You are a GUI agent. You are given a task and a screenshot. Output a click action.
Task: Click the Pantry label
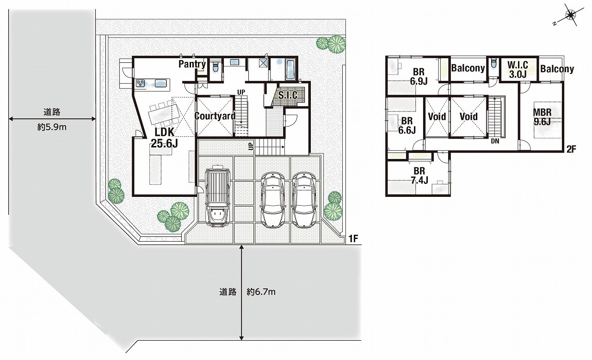tap(192, 64)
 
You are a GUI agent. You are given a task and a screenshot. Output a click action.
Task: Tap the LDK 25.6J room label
tap(164, 137)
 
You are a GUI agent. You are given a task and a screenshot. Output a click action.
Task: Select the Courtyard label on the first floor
tap(215, 116)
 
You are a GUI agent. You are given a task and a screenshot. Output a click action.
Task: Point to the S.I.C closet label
tap(288, 95)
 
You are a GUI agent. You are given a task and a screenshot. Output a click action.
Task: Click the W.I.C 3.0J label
tap(518, 70)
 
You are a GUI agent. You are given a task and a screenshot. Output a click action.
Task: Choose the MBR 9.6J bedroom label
tap(543, 117)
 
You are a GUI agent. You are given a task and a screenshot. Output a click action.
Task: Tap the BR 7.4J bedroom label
tap(419, 175)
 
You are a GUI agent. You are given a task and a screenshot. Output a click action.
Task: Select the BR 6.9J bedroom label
tap(419, 77)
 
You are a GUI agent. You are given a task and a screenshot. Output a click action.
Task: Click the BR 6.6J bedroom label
tap(407, 125)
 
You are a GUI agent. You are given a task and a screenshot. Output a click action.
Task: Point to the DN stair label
tap(495, 141)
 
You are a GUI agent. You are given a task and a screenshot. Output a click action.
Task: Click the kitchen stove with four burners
tap(140, 84)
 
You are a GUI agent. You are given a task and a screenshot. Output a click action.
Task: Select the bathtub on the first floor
tap(290, 70)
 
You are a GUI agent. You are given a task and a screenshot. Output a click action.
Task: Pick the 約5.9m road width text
tap(52, 127)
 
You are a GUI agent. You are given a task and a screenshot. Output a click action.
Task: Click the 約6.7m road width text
tap(261, 292)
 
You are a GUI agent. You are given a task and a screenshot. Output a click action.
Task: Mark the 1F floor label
tap(353, 239)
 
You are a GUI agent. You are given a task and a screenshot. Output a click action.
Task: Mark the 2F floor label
tap(571, 149)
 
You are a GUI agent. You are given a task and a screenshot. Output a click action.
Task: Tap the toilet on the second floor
tap(493, 64)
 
